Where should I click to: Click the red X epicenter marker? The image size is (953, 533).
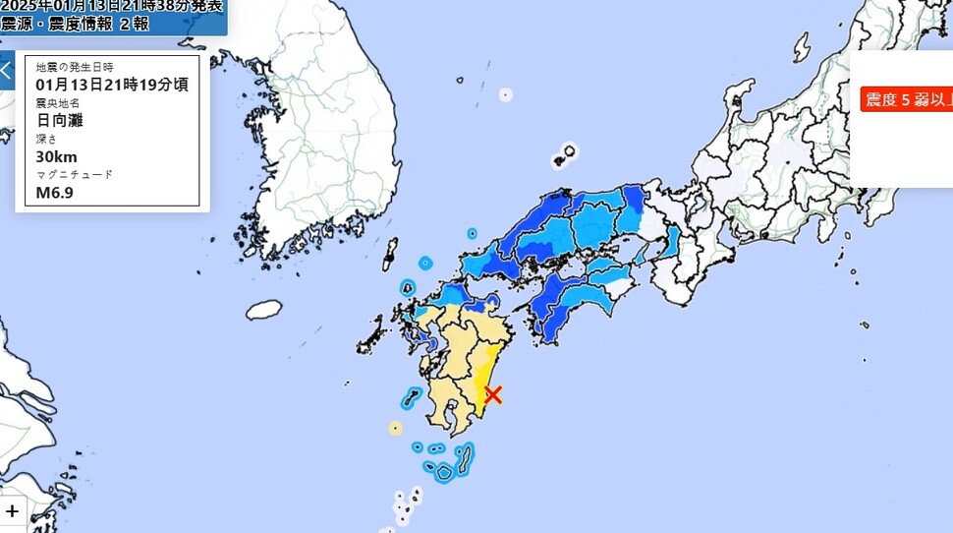(x=493, y=394)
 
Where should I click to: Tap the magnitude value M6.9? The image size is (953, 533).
(x=55, y=193)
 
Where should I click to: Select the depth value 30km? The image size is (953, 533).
(x=56, y=156)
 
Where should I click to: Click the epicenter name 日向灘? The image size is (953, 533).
(x=60, y=120)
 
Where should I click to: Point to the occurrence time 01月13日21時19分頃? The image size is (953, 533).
(x=111, y=84)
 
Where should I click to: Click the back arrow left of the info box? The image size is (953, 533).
(x=6, y=71)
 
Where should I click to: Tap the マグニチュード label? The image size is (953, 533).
(x=74, y=174)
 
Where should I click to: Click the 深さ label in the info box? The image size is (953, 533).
(x=47, y=139)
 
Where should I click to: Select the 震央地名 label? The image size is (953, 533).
(x=58, y=102)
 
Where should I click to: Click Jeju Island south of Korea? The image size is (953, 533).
(x=263, y=310)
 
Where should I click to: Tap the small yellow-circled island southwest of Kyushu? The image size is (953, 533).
(x=395, y=428)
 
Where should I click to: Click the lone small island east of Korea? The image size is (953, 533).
(x=505, y=95)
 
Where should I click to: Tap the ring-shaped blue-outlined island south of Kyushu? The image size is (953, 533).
(x=444, y=472)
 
